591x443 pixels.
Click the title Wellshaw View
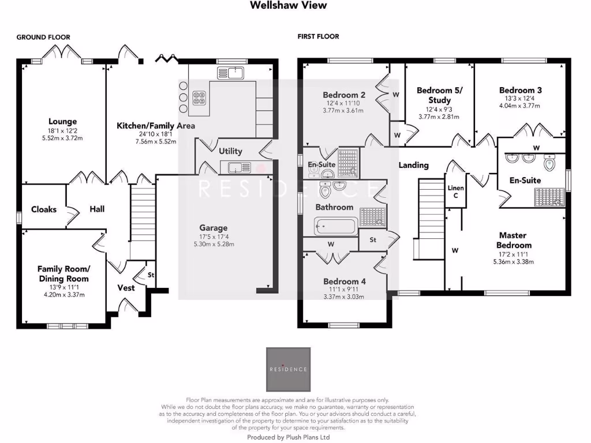click(x=288, y=5)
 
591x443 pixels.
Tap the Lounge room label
click(x=62, y=122)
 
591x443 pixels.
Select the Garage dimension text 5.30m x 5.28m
click(x=214, y=245)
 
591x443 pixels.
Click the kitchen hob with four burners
click(x=199, y=97)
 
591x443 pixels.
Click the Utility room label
click(x=230, y=151)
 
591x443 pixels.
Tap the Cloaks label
click(x=44, y=209)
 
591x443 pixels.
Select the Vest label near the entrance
click(x=126, y=287)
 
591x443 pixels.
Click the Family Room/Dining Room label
click(x=63, y=273)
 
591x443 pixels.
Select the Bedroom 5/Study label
click(x=439, y=95)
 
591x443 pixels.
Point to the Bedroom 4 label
click(x=344, y=281)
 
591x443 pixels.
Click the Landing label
click(x=414, y=165)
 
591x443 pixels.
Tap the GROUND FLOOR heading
click(x=43, y=37)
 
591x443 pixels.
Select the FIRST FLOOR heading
click(x=318, y=37)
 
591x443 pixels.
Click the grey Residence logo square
click(x=288, y=369)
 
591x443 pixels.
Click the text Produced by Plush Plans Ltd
click(x=288, y=437)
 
